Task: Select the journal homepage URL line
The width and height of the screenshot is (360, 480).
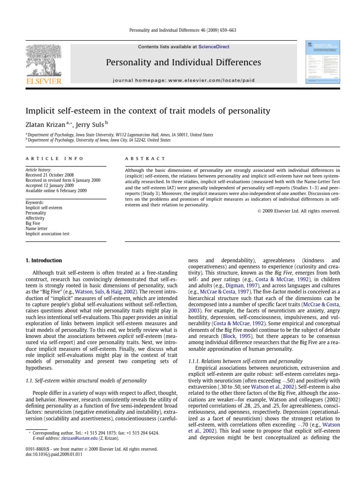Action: pyautogui.click(x=184, y=80)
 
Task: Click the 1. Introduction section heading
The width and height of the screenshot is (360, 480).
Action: pyautogui.click(x=43, y=260)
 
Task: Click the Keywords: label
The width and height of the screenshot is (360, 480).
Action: pyautogui.click(x=35, y=202)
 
